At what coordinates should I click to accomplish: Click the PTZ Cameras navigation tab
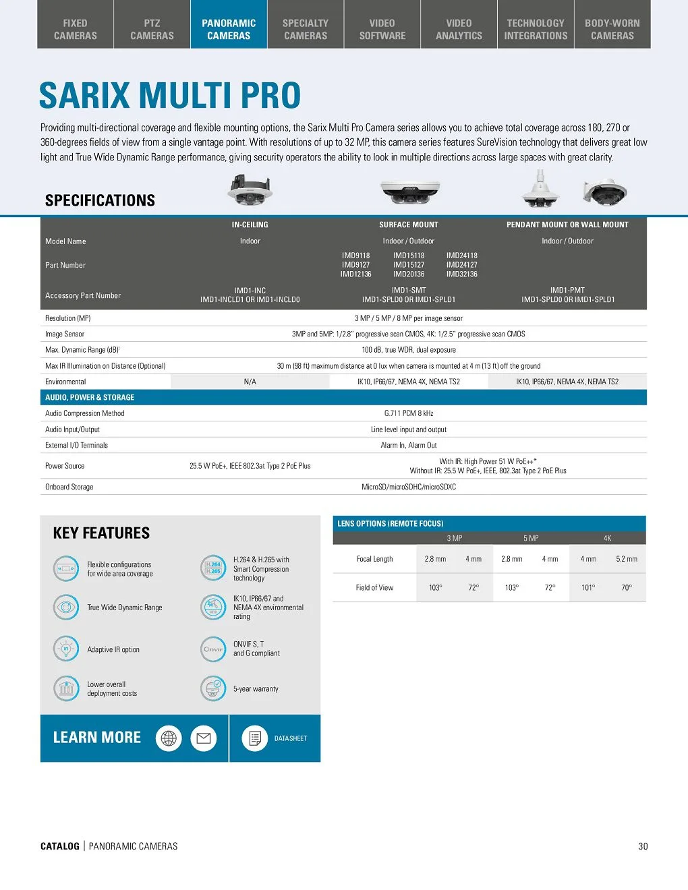click(152, 29)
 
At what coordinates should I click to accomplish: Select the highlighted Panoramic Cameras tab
click(229, 29)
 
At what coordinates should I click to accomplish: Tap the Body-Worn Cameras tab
click(612, 29)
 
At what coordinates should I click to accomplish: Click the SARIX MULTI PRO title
click(170, 95)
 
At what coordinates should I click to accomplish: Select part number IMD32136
click(461, 274)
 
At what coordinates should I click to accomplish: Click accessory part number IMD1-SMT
click(409, 291)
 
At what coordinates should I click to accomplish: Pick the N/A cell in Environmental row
click(250, 382)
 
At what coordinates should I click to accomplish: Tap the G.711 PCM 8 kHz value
click(409, 413)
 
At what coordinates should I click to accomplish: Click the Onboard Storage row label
click(69, 487)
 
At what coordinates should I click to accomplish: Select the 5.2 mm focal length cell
click(627, 559)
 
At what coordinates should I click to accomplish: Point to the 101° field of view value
click(588, 588)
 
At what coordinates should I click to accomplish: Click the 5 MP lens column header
click(531, 538)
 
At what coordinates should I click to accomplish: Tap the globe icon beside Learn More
click(169, 738)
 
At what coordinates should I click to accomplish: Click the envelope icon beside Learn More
click(203, 738)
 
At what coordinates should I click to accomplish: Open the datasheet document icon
click(255, 738)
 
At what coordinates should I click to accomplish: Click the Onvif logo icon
click(213, 649)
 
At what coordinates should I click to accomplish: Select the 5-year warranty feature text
click(256, 689)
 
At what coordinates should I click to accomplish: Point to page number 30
click(643, 846)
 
